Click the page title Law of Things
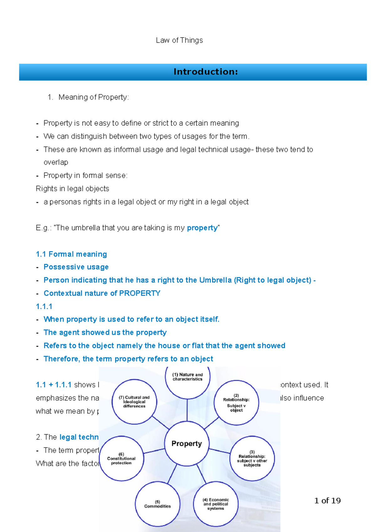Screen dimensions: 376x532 click(x=179, y=40)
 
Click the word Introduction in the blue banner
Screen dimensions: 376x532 click(x=206, y=72)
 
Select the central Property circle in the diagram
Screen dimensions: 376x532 click(x=187, y=444)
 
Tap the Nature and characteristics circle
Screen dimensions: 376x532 click(x=187, y=377)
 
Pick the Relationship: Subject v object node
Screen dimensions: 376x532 click(x=236, y=403)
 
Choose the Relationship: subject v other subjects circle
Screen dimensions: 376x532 click(x=252, y=458)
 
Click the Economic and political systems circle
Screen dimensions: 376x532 click(x=216, y=504)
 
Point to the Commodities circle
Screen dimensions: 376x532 click(x=158, y=504)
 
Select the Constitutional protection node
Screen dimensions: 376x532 click(x=121, y=458)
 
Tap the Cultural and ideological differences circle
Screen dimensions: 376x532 click(x=134, y=402)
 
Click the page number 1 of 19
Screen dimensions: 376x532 click(x=327, y=501)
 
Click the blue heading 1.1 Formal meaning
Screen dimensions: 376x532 click(x=71, y=254)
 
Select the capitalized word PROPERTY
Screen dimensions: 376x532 click(x=140, y=293)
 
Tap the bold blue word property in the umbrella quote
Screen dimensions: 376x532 click(x=202, y=228)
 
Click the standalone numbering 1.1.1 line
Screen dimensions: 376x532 click(x=44, y=306)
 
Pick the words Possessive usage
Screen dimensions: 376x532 click(x=76, y=267)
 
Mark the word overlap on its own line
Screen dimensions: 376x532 click(x=56, y=162)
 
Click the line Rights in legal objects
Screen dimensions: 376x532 click(x=72, y=189)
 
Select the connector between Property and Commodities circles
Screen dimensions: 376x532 click(x=172, y=474)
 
